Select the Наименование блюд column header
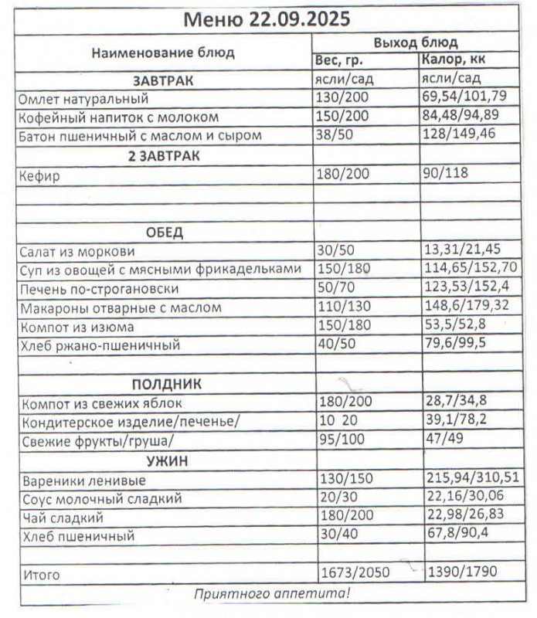tap(162, 53)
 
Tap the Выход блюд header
tap(416, 42)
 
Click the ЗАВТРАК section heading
tap(162, 80)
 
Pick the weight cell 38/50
tap(332, 135)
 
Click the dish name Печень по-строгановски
tap(100, 289)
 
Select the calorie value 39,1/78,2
tap(454, 422)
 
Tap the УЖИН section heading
tap(162, 461)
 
